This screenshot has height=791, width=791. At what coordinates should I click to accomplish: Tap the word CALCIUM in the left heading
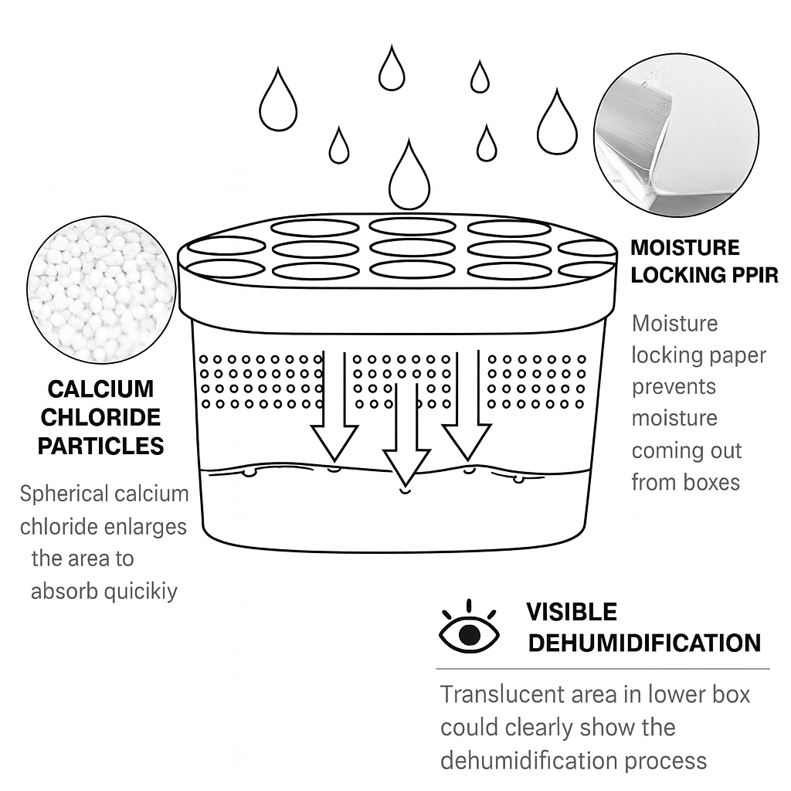(x=100, y=389)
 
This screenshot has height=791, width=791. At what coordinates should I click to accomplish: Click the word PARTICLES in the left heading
(x=101, y=446)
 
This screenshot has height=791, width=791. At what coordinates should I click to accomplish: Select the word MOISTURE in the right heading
(x=685, y=248)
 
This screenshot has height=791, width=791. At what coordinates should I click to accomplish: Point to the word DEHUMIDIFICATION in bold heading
(x=643, y=643)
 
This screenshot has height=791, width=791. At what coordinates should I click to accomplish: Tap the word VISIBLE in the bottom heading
(x=572, y=613)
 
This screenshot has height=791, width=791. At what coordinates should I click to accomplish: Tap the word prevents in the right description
(x=674, y=386)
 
